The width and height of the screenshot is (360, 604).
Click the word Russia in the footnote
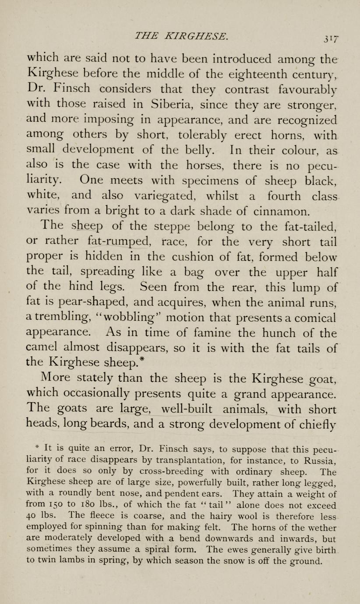(319, 460)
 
